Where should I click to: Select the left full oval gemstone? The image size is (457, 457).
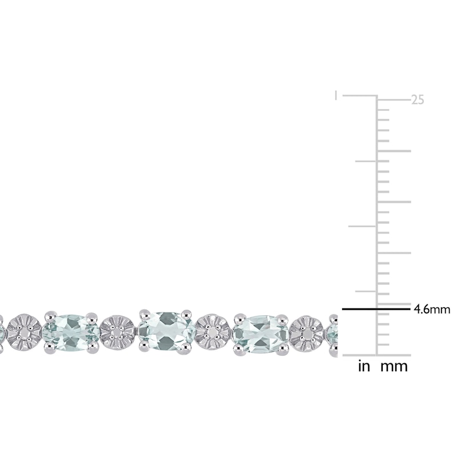coord(71,331)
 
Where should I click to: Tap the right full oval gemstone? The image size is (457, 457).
coord(259,331)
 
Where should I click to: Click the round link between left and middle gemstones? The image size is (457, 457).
coord(118,331)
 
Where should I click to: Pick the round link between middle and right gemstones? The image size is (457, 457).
coord(212,331)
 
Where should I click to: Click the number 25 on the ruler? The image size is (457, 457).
coord(418,100)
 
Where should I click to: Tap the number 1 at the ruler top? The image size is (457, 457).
coord(336,95)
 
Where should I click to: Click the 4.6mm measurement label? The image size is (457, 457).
coord(432,310)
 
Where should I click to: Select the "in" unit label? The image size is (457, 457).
coord(364,366)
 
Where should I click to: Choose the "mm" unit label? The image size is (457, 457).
coord(394,366)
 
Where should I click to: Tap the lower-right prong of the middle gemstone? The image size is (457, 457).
coord(186,350)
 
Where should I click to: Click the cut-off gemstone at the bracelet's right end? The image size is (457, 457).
coord(332,331)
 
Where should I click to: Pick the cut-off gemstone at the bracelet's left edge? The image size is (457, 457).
coord(2,331)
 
